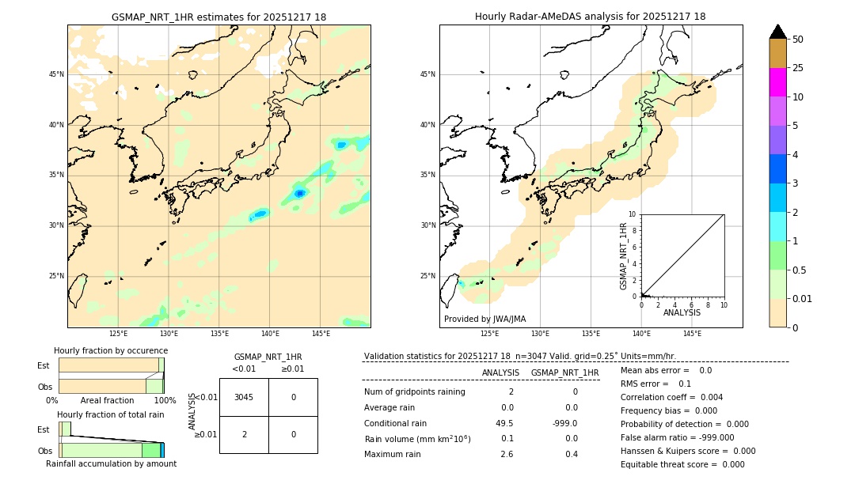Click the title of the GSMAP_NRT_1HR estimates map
218,17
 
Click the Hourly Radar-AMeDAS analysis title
590,17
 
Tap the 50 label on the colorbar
798,40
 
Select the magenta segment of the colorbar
778,82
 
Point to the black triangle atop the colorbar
778,32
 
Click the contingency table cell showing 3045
244,397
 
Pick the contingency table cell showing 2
244,434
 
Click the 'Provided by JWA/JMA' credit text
484,319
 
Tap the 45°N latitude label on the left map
56,74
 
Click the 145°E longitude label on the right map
692,334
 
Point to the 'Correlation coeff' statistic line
671,397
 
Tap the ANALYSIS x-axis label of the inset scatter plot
682,312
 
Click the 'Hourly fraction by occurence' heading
111,350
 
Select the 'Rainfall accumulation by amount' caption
111,463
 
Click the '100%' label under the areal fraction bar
165,400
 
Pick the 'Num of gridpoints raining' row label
414,392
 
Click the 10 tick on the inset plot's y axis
633,214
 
